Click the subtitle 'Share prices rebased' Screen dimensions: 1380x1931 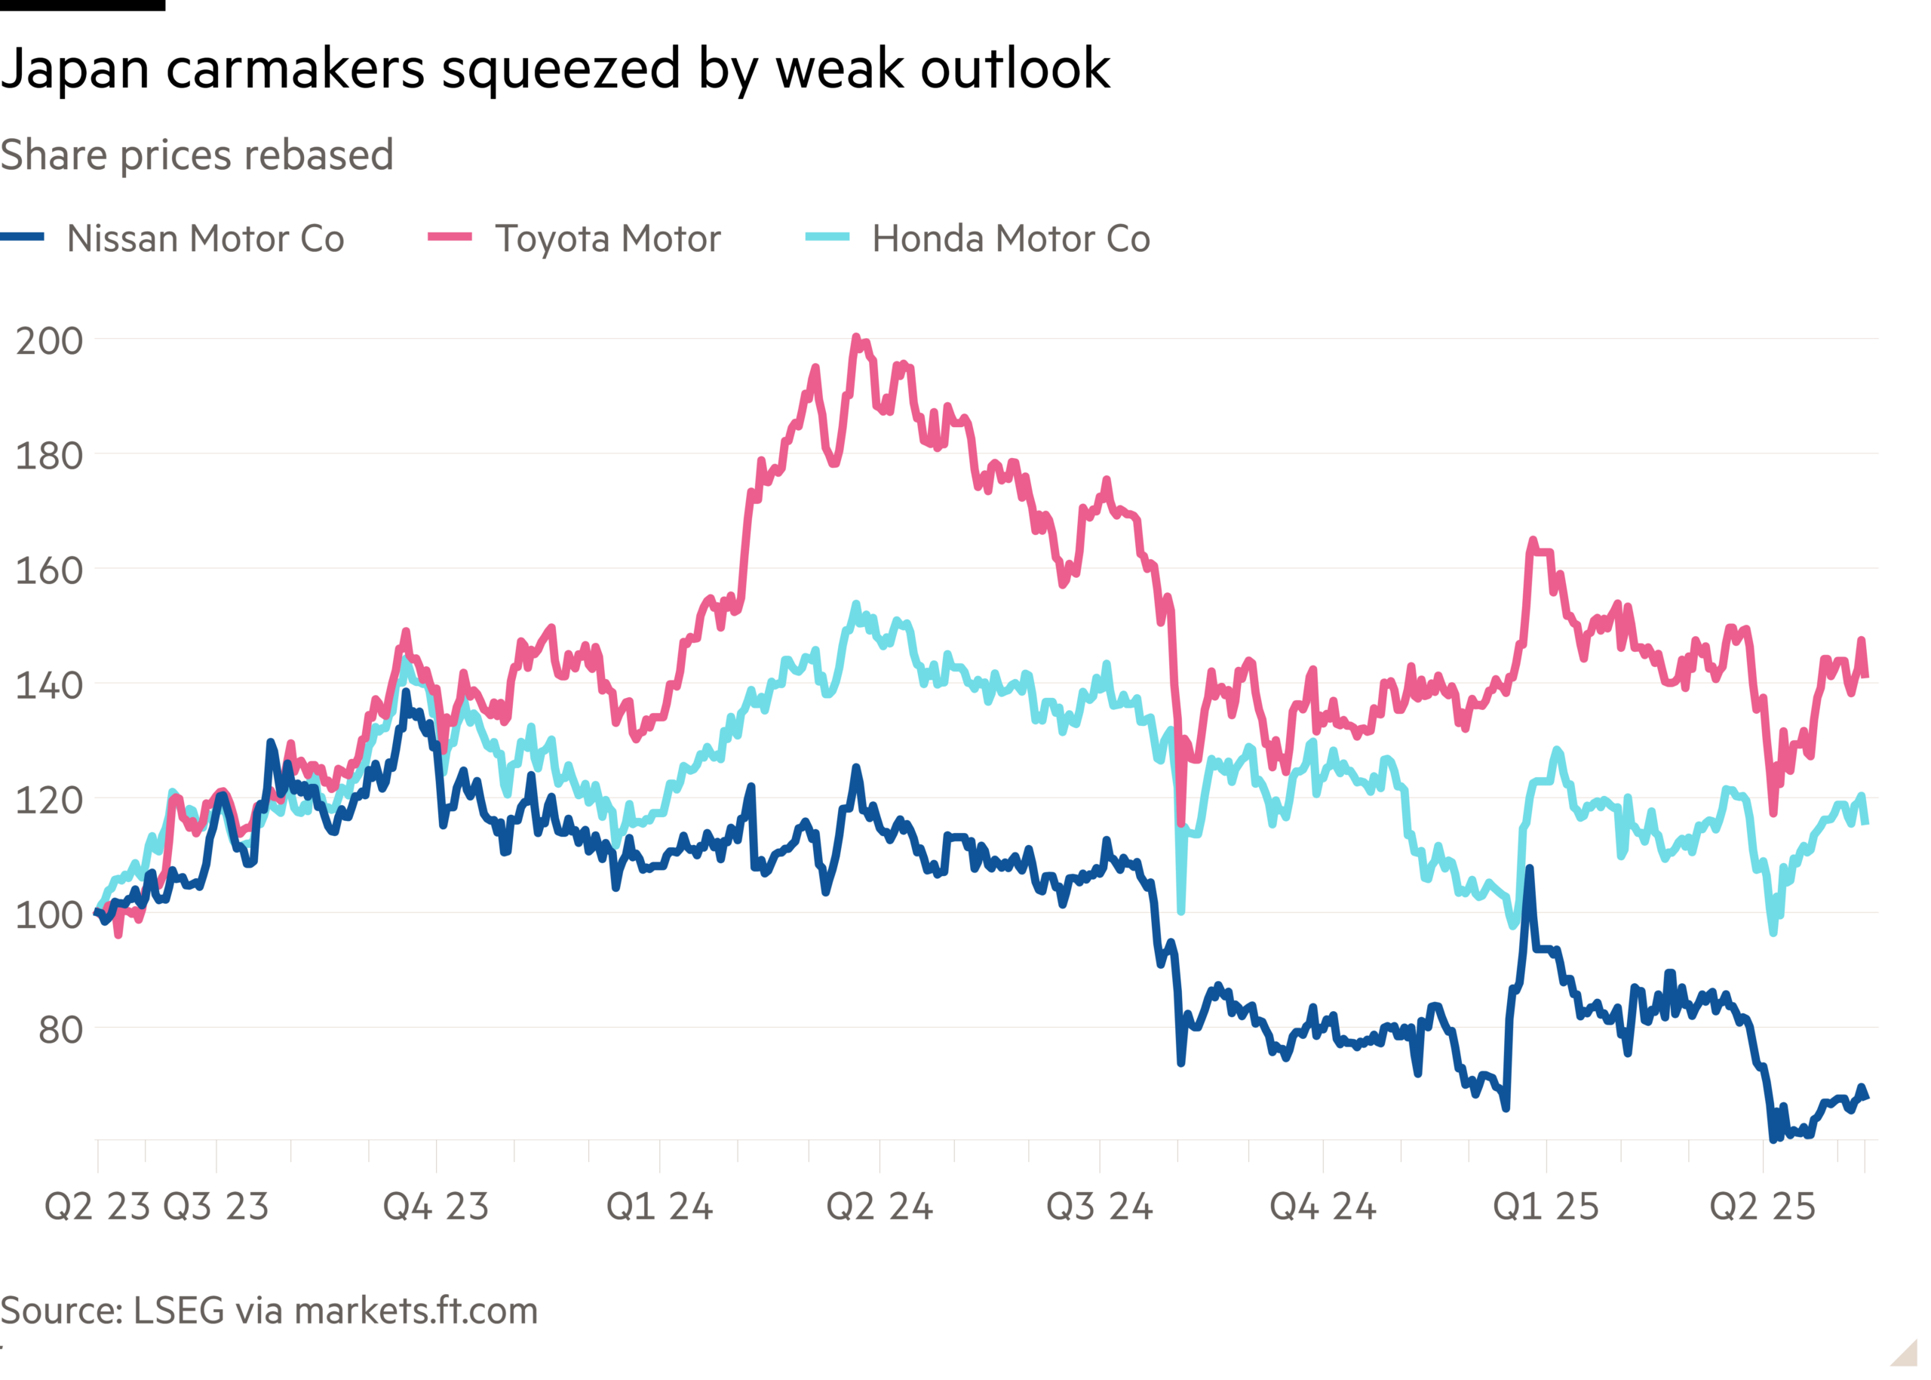point(197,155)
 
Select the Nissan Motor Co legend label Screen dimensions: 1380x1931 point(206,238)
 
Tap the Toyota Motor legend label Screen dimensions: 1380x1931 point(607,238)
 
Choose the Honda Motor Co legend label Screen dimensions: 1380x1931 point(1011,238)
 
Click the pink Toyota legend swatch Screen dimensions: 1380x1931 point(450,237)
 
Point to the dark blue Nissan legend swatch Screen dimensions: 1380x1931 point(22,237)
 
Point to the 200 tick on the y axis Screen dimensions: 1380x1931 point(49,341)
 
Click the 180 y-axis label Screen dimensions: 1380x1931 point(49,456)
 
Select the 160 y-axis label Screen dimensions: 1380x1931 point(49,570)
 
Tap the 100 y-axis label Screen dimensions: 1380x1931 point(49,915)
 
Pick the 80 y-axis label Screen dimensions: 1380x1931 point(60,1030)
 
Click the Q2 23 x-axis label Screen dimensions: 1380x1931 point(97,1206)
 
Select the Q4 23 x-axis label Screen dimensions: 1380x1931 point(436,1206)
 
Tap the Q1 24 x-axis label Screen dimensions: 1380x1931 point(659,1206)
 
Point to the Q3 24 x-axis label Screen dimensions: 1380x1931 point(1099,1206)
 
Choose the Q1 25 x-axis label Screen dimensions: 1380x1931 point(1546,1206)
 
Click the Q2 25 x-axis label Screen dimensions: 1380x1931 point(1763,1206)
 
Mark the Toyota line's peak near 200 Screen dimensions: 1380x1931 point(856,337)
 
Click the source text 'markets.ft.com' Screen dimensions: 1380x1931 point(416,1311)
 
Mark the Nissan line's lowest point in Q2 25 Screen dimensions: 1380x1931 point(1773,1139)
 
